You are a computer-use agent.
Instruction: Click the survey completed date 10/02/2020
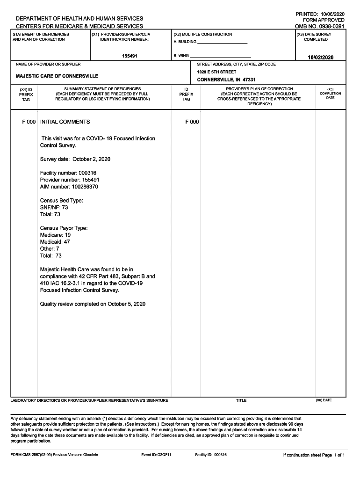click(320, 57)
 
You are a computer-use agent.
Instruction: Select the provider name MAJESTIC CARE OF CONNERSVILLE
click(57, 76)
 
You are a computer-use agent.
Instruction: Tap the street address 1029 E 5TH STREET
click(216, 72)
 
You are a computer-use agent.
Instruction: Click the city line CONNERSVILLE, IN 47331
click(226, 80)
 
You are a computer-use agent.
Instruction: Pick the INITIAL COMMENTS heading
click(65, 122)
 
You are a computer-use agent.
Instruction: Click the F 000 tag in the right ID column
click(192, 122)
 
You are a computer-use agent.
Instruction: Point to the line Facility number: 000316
click(68, 173)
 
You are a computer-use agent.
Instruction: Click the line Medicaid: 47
click(55, 242)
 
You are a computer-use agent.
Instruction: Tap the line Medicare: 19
click(55, 235)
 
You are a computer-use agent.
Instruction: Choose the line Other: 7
click(50, 249)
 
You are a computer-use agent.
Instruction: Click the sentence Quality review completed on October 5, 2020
click(93, 304)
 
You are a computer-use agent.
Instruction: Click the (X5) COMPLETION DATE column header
click(330, 93)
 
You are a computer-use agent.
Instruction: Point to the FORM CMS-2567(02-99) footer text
click(54, 455)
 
